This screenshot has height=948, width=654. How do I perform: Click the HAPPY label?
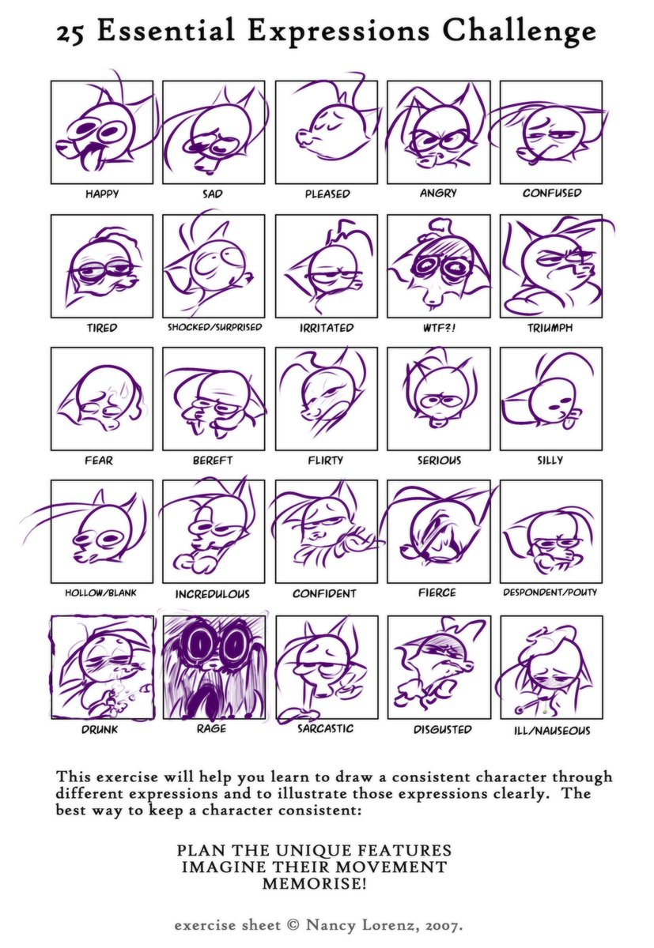(x=102, y=194)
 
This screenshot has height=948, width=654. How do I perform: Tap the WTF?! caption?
(x=438, y=328)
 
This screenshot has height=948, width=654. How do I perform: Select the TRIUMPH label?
(x=550, y=328)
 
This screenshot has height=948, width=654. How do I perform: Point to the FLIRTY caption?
(x=325, y=461)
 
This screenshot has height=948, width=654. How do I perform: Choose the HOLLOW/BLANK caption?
(x=100, y=593)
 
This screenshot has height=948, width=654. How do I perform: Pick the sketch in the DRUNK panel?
(x=102, y=668)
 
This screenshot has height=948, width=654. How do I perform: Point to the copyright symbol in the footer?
(x=293, y=926)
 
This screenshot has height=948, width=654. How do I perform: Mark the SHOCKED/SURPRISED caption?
(x=215, y=327)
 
